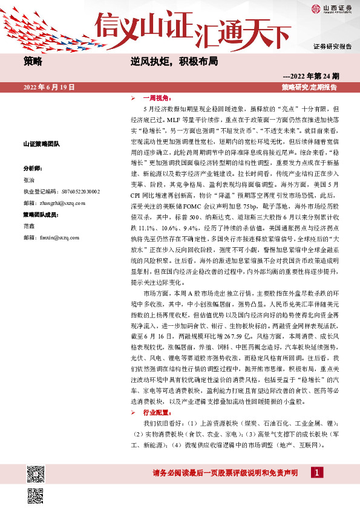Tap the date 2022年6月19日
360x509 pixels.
pyautogui.click(x=49, y=88)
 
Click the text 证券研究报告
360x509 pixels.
pyautogui.click(x=332, y=46)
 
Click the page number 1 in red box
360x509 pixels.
pyautogui.click(x=315, y=472)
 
